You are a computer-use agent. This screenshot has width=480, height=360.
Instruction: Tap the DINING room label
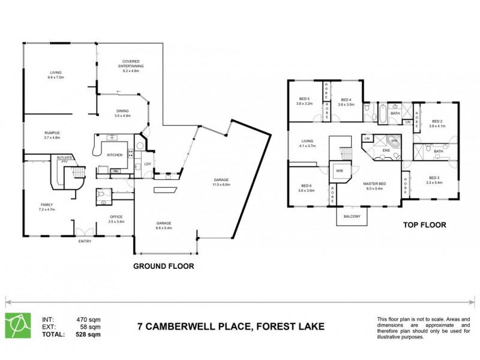pyautogui.click(x=122, y=110)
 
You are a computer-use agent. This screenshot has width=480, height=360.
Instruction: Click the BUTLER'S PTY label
pyautogui.click(x=64, y=160)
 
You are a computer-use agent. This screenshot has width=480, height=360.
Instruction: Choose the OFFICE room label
pyautogui.click(x=116, y=217)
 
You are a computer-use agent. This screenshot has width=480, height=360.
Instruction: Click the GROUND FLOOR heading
pyautogui.click(x=163, y=266)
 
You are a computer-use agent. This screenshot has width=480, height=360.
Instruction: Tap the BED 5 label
pyautogui.click(x=304, y=99)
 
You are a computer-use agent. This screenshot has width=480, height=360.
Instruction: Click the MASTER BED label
pyautogui.click(x=374, y=183)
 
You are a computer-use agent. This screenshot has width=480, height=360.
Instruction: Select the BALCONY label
pyautogui.click(x=352, y=217)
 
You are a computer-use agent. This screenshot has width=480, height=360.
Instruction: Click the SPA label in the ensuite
pyautogui.click(x=394, y=140)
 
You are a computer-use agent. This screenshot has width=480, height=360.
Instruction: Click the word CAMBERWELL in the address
pyautogui.click(x=183, y=326)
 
